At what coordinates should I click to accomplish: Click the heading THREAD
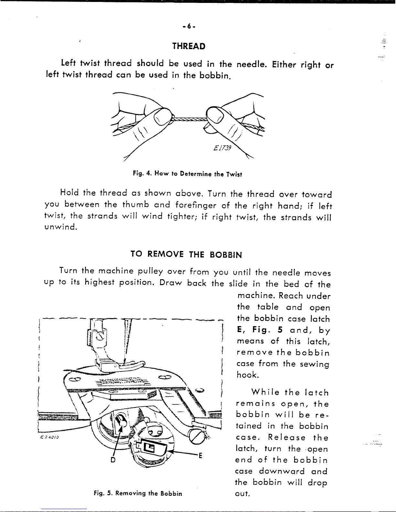tap(189, 46)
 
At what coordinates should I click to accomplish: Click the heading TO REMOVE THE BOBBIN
tap(186, 255)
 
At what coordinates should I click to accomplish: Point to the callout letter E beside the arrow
tap(200, 456)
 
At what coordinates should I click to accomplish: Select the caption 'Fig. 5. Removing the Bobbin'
tap(137, 494)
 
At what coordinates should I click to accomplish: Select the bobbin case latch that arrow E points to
tap(150, 447)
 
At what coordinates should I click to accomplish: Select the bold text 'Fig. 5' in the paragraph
tap(263, 330)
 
